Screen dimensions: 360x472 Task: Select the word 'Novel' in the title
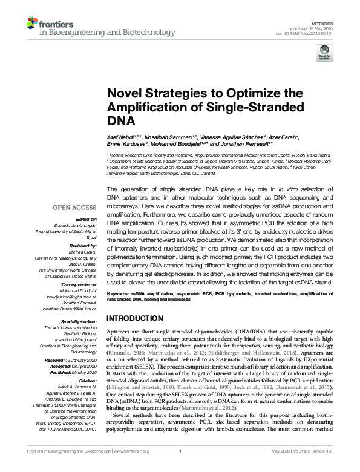point(123,93)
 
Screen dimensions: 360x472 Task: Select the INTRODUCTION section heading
point(136,318)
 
